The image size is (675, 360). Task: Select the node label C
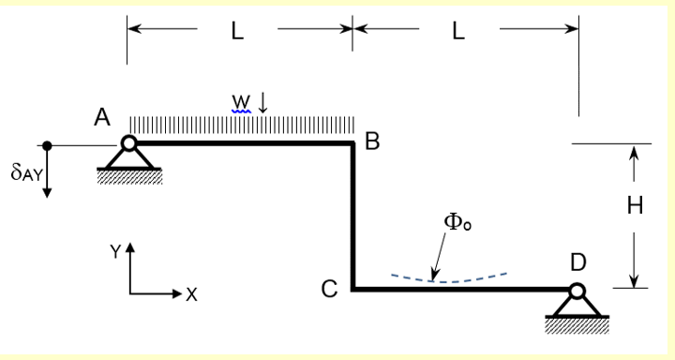329,290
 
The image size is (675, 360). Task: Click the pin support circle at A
129,143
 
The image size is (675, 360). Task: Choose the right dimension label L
457,30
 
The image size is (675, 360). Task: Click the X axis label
191,294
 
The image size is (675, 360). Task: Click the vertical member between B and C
353,216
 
